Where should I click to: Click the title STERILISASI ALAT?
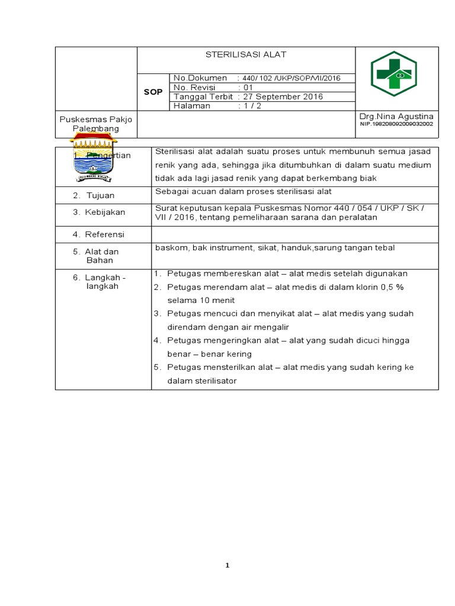pos(245,55)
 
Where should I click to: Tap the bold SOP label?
pos(153,92)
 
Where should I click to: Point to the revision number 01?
pos(244,88)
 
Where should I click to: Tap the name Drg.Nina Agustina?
pos(396,117)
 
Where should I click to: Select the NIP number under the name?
pos(396,125)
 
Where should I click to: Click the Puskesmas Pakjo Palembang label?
pos(96,124)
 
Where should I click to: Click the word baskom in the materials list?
pos(169,247)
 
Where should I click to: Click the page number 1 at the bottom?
pos(227,566)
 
